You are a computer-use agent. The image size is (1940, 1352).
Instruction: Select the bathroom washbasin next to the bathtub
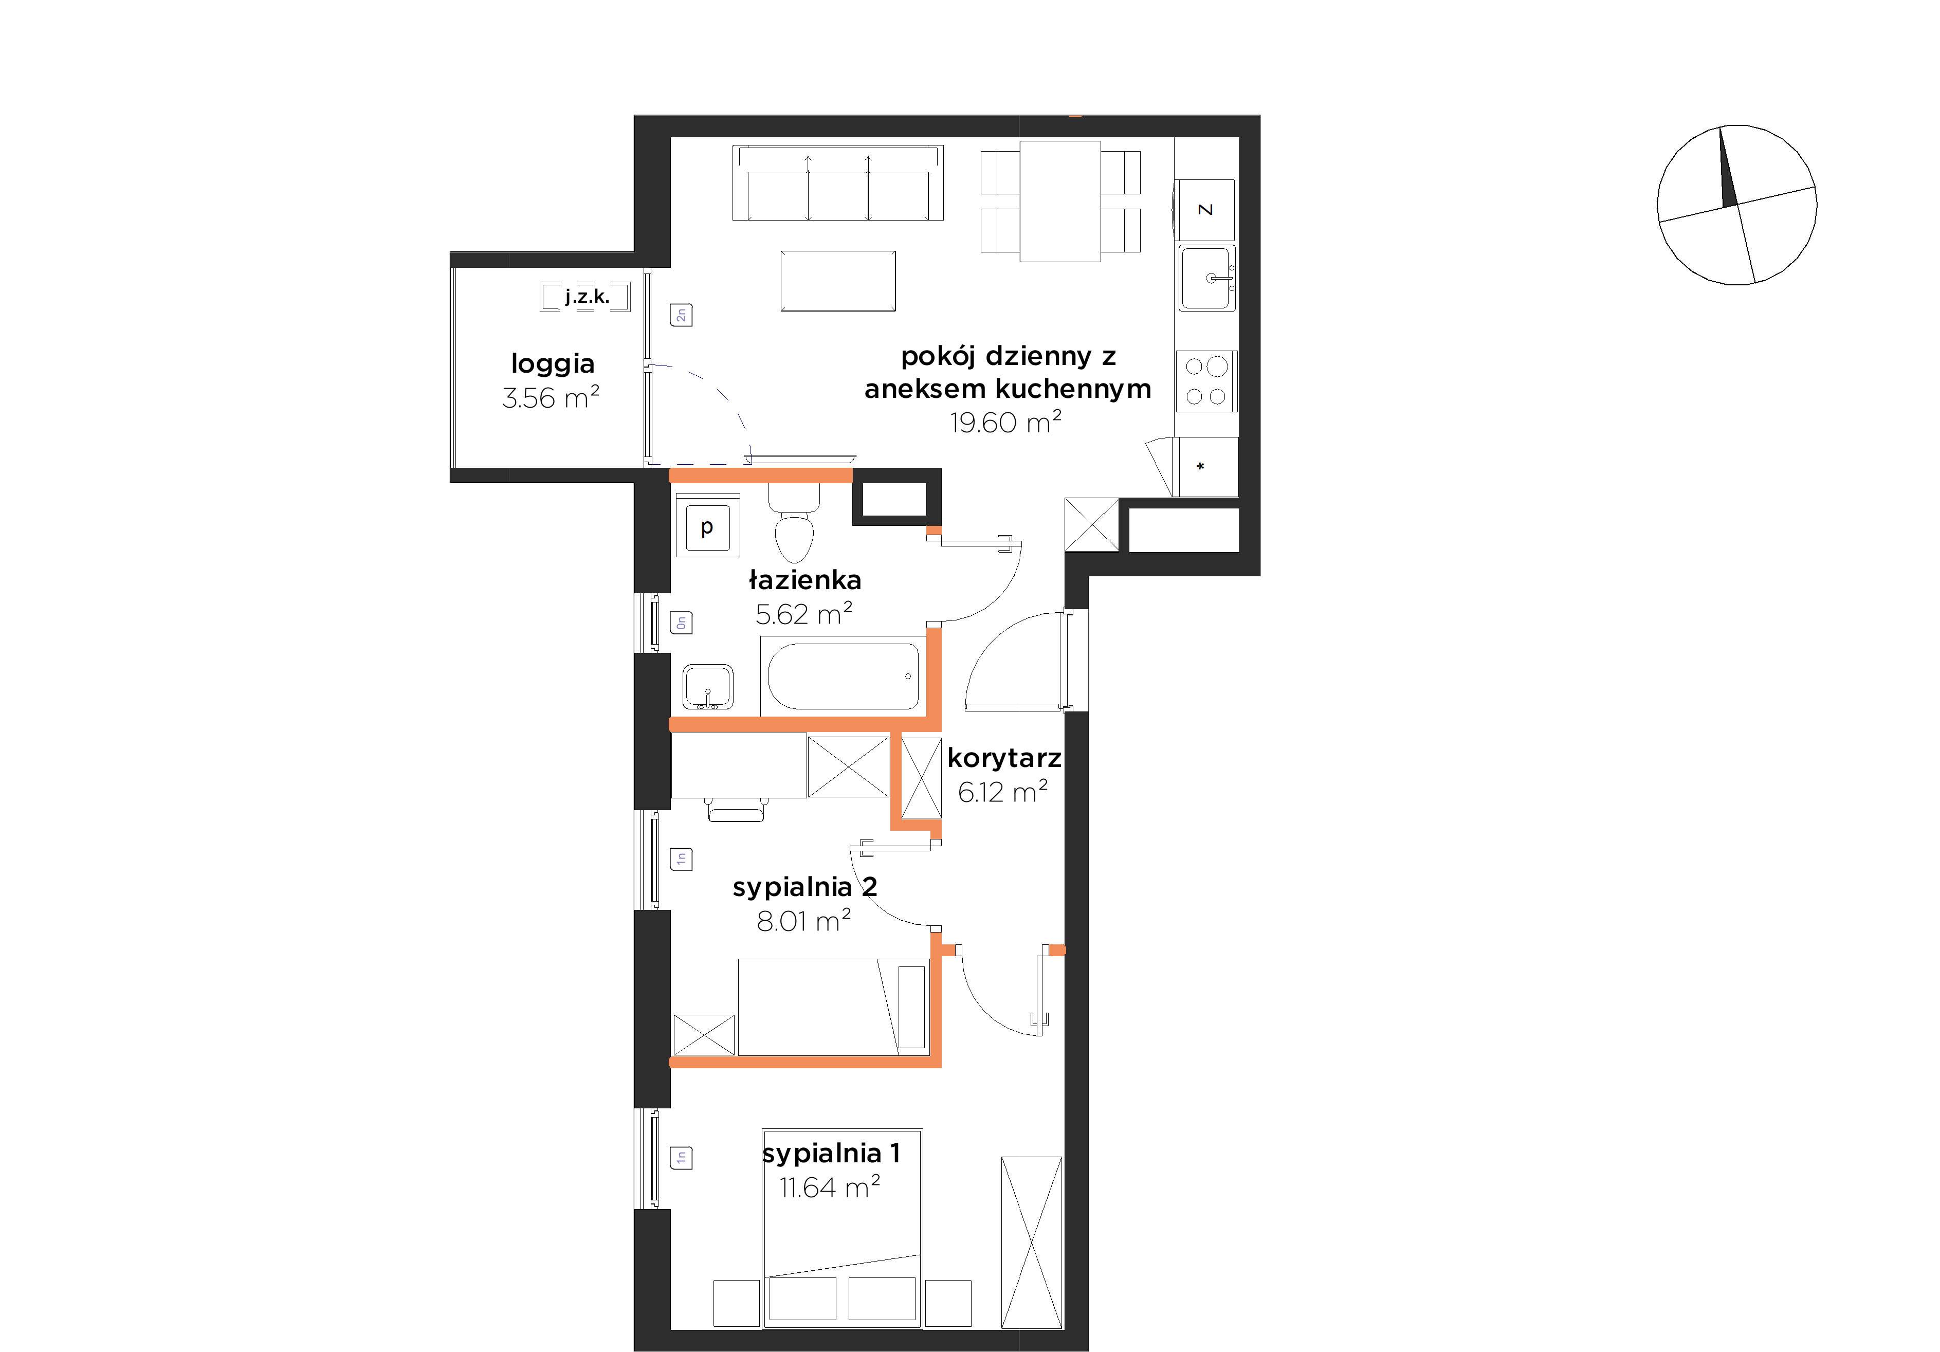(x=708, y=686)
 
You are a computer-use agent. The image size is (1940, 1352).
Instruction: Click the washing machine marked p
(x=707, y=525)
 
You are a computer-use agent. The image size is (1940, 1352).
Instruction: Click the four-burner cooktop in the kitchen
(x=1206, y=381)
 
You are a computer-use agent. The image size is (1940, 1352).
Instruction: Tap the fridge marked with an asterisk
(x=1209, y=466)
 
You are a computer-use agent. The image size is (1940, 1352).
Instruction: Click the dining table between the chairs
(x=1060, y=201)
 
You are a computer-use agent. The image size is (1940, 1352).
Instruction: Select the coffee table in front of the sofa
(x=838, y=281)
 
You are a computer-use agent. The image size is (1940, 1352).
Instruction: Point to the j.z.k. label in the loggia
(x=587, y=297)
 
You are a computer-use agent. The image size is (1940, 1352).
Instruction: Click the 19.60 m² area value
(x=1005, y=422)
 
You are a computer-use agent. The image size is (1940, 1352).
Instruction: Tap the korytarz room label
(x=1004, y=758)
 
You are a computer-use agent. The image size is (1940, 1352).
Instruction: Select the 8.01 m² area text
(x=803, y=920)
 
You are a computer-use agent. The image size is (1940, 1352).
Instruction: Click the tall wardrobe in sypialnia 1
(x=1031, y=1242)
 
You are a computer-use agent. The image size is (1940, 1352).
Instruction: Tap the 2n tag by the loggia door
(x=681, y=315)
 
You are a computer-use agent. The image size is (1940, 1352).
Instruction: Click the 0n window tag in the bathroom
(x=681, y=623)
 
